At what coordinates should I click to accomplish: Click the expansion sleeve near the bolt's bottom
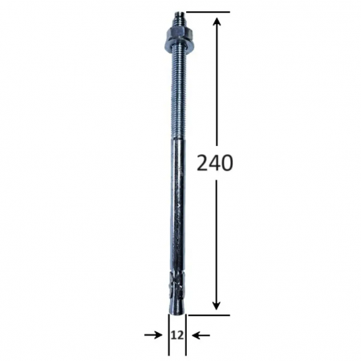(x=177, y=285)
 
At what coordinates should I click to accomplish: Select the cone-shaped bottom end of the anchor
(x=177, y=305)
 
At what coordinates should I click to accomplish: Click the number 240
(x=215, y=163)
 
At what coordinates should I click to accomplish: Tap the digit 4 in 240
(x=215, y=163)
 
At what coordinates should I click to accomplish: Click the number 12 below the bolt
(x=177, y=333)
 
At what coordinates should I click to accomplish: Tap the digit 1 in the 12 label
(x=173, y=333)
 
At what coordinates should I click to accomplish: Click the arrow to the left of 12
(x=152, y=333)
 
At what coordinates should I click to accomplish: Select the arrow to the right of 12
(x=203, y=333)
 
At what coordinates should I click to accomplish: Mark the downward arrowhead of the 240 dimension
(x=216, y=303)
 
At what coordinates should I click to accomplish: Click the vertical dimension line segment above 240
(x=216, y=88)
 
